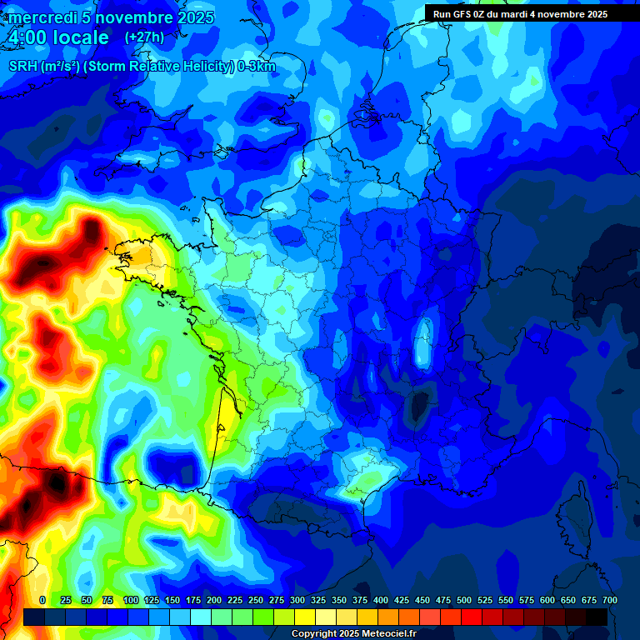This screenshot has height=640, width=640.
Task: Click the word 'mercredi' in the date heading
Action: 42,17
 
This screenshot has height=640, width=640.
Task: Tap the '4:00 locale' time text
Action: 58,37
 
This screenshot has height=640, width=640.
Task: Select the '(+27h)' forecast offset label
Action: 144,37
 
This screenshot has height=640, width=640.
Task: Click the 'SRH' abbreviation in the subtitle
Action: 23,67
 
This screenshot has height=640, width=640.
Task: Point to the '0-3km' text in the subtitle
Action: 257,67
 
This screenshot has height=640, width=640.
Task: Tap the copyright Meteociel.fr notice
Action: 353,634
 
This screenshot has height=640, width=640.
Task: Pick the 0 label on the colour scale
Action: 42,601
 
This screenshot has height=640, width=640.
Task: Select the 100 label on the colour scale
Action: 131,601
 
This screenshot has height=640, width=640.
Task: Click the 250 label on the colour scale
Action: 256,601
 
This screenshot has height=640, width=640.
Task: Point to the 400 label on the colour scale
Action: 381,601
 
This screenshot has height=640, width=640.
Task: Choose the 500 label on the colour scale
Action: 464,601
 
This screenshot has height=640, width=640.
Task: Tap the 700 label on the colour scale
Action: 609,601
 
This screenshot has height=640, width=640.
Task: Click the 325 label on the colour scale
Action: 318,601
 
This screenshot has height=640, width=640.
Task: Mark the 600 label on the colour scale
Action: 547,601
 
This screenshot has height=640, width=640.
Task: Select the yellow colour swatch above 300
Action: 305,617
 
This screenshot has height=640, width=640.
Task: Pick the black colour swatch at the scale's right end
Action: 597,617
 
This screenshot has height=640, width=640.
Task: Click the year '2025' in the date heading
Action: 196,17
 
